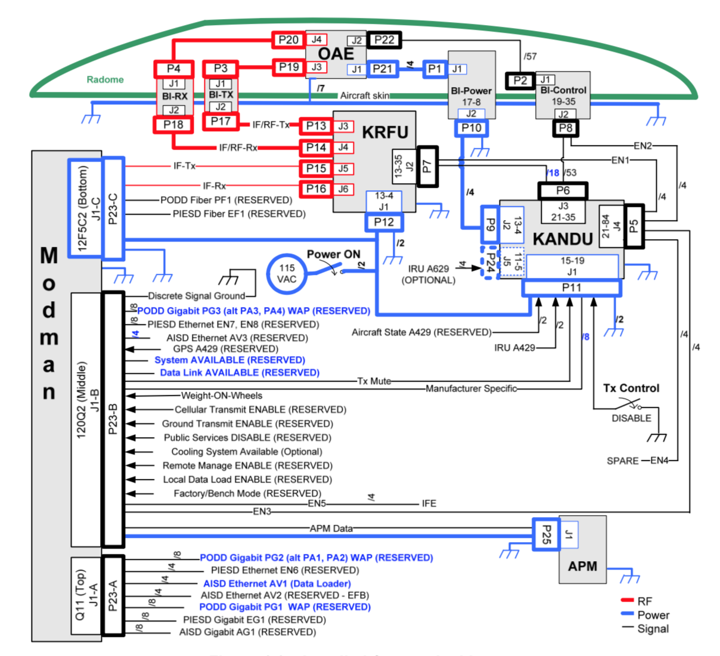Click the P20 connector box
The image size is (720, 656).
(x=288, y=40)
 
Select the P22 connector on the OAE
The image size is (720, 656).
(x=384, y=40)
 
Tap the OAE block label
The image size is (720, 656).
(x=336, y=54)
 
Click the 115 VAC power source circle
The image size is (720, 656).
(x=287, y=274)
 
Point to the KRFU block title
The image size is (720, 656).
(x=385, y=132)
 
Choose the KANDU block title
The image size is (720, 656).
(x=562, y=239)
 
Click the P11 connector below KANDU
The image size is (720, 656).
(x=571, y=287)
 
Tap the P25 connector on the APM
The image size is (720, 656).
(x=546, y=534)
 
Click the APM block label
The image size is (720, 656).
(x=582, y=566)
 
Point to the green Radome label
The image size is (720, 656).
(x=105, y=79)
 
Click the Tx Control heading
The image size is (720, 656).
(x=631, y=388)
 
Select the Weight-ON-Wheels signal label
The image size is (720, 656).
(x=222, y=395)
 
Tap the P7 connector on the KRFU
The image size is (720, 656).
(x=427, y=166)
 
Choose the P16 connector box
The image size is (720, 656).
(x=316, y=189)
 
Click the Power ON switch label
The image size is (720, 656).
(x=333, y=254)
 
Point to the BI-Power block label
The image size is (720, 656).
(x=471, y=91)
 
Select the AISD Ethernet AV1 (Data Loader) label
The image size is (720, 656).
(x=277, y=583)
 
